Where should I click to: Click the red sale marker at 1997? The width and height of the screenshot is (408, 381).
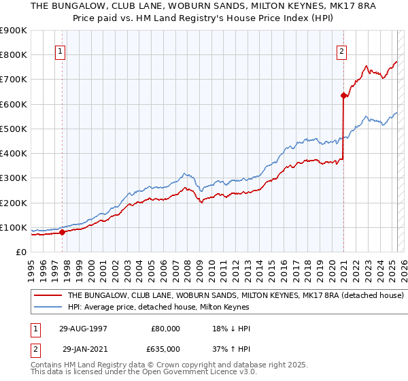tap(63, 232)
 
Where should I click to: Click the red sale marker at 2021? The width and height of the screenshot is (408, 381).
tap(343, 96)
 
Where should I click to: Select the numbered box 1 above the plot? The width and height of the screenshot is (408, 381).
tap(61, 50)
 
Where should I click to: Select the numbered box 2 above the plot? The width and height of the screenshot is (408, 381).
tap(341, 50)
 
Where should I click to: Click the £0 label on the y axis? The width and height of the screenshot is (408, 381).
tap(22, 252)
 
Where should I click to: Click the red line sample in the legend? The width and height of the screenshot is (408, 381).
tap(49, 296)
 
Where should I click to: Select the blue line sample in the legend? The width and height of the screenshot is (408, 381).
tap(49, 307)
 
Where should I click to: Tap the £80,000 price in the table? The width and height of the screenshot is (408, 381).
tap(166, 328)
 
